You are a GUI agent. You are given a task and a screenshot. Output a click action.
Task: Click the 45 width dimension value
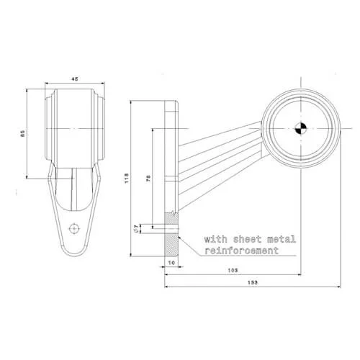[x=73, y=80]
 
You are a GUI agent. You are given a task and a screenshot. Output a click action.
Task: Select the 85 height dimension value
[x=22, y=134]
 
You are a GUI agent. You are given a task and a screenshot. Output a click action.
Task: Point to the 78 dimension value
[x=148, y=179]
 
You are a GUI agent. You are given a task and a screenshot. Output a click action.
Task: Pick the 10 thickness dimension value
[x=171, y=264]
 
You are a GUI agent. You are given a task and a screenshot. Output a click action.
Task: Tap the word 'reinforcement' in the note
[x=241, y=251]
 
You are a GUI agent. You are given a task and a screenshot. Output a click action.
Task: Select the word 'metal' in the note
[x=279, y=238]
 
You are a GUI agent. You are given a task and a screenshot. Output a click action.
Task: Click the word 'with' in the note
[x=215, y=238]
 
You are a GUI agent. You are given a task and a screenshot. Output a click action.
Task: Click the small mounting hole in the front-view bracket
[x=73, y=228]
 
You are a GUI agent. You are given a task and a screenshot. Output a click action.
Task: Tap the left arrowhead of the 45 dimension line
[x=47, y=84]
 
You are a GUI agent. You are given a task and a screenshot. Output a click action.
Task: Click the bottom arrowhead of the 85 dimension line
[x=27, y=176]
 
